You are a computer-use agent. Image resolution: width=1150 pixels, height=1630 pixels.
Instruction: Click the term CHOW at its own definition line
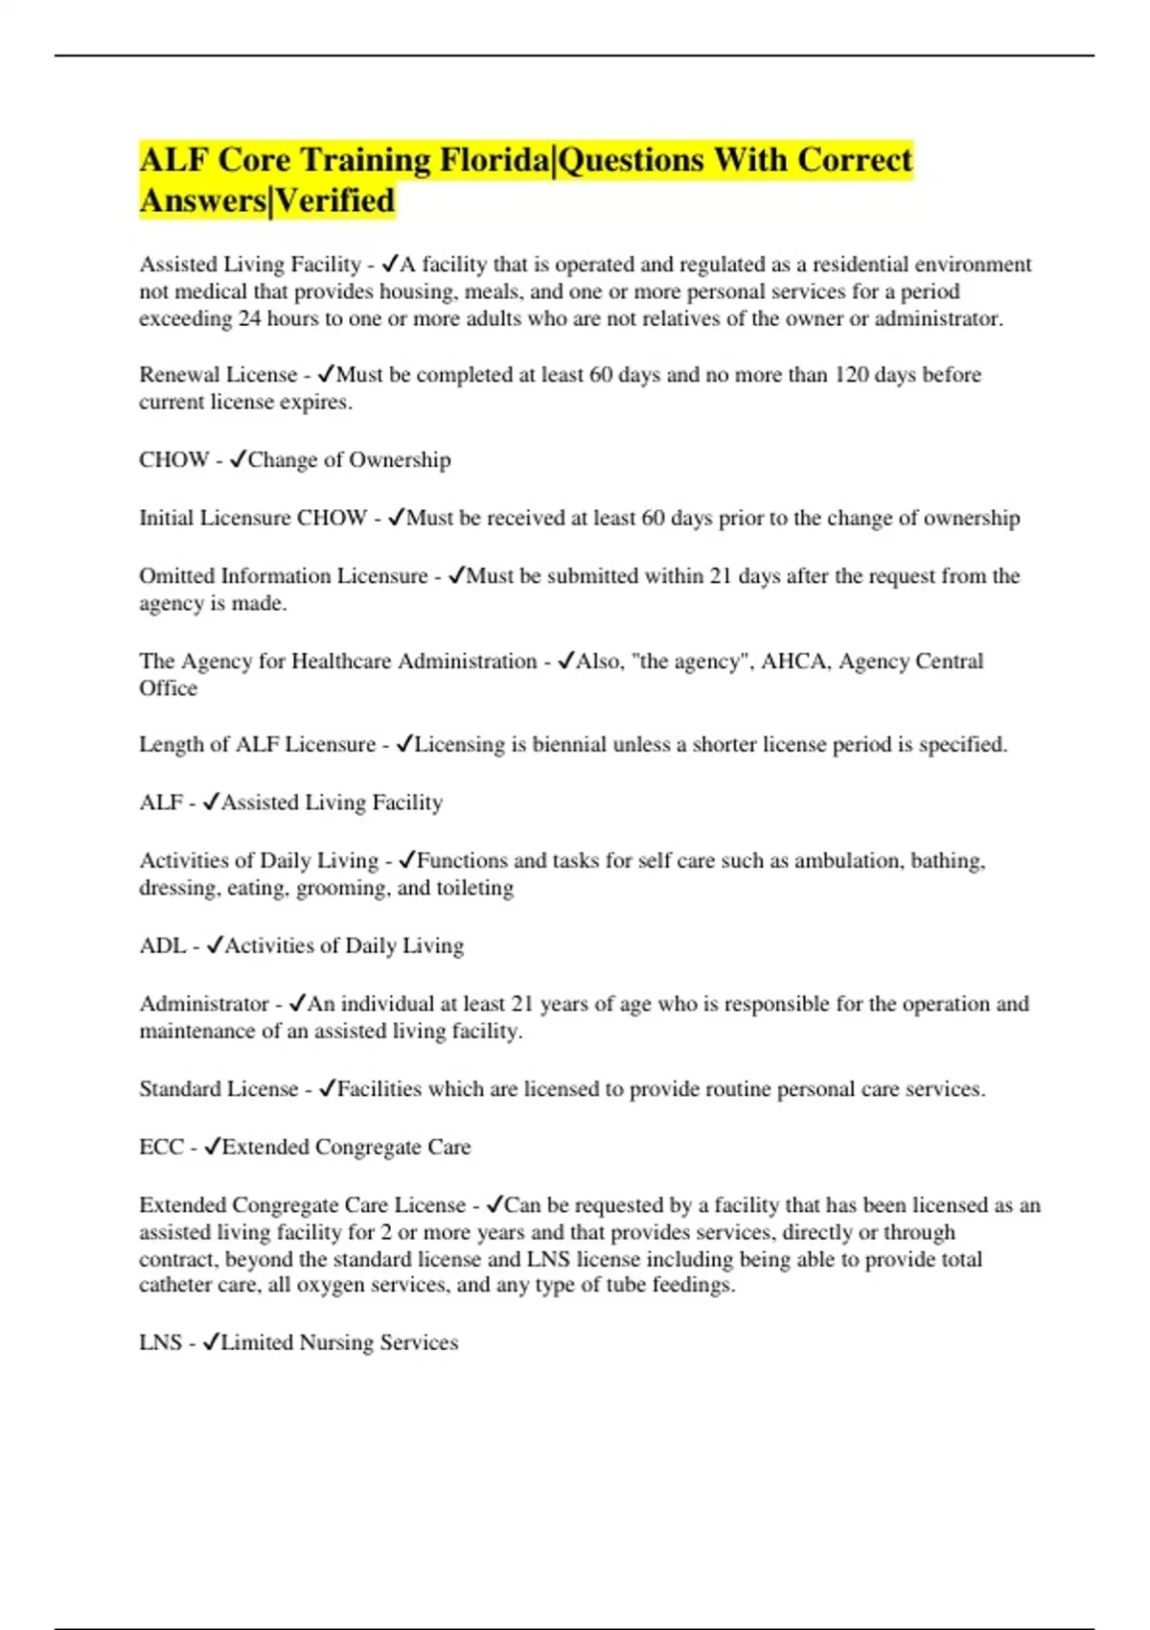[173, 460]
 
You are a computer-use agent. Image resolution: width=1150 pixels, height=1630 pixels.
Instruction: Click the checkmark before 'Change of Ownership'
[239, 460]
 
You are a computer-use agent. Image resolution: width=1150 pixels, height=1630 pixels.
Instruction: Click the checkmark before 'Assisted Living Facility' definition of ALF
[212, 803]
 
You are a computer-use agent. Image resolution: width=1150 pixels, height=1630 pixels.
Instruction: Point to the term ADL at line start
[162, 946]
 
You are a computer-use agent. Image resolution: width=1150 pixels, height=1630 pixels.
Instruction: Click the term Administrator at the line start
[203, 1004]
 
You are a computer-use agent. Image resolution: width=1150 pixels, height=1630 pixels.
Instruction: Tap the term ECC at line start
[161, 1148]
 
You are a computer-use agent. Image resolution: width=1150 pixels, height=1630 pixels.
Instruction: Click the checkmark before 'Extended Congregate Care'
[213, 1148]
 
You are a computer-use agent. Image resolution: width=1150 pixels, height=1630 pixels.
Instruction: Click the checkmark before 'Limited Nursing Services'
[212, 1343]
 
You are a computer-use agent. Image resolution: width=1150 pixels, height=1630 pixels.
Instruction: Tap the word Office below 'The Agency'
[168, 688]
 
